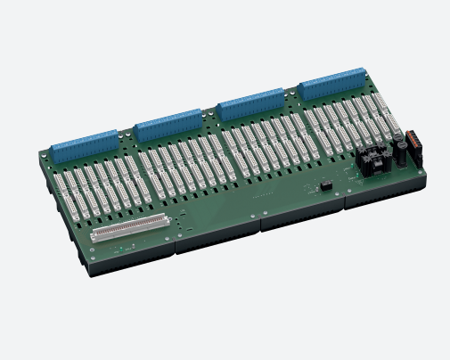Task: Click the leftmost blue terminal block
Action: (x=86, y=143)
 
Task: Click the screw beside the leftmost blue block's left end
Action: (x=50, y=151)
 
